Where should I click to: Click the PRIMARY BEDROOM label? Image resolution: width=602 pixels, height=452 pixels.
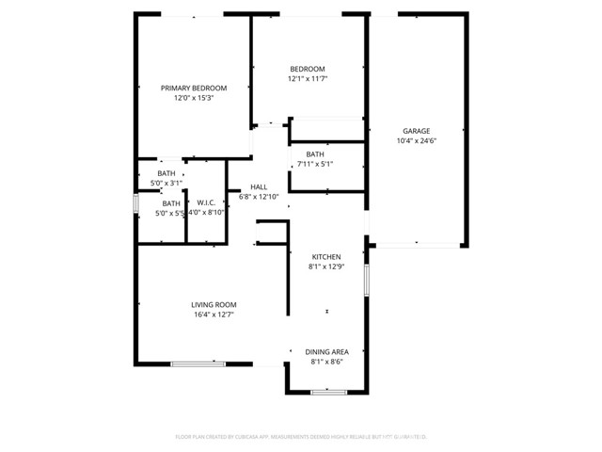point(194,88)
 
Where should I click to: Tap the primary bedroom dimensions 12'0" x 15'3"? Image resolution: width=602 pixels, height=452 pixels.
point(194,98)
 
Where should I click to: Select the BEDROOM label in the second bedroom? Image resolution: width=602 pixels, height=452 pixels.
point(307,69)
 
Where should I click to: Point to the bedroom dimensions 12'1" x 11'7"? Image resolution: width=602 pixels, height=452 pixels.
point(307,79)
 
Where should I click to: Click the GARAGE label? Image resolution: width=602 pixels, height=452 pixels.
point(417,131)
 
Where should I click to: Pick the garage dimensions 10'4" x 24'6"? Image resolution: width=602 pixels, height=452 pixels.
point(417,141)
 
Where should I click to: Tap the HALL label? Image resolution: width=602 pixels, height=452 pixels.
point(260,186)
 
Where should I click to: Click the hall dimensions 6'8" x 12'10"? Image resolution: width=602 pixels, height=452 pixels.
point(259,197)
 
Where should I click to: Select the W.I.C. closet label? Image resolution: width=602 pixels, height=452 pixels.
point(206,202)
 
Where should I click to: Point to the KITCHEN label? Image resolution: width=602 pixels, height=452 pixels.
point(326,256)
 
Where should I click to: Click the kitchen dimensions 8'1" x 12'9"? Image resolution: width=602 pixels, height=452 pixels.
point(326,266)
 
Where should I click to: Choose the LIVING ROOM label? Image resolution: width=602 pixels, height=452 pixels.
point(214,304)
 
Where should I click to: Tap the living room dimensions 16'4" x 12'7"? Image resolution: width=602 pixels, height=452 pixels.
point(214,315)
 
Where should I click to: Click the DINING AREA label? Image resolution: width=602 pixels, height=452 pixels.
point(326,351)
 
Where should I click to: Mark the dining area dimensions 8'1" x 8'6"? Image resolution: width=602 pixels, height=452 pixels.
point(326,362)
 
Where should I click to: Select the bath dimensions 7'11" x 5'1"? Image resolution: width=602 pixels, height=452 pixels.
point(315,165)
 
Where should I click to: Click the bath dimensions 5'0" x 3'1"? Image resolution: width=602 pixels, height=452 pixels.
point(166,183)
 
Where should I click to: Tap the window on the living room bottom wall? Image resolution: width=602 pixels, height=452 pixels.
point(198,364)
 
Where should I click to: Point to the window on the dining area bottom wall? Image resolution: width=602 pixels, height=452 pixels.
point(324,391)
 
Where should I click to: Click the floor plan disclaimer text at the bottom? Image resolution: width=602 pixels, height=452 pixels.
point(301,437)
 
